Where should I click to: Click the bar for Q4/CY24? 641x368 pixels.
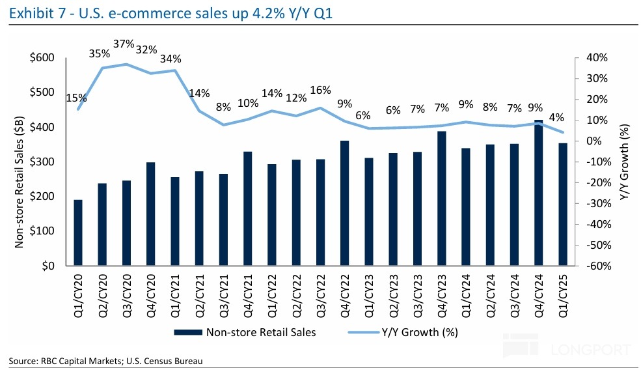point(538,193)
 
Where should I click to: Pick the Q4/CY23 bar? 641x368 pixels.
point(442,199)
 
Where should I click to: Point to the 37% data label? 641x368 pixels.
point(124,44)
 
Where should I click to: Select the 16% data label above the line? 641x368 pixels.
point(321,91)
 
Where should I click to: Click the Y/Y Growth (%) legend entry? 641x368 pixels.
point(418,332)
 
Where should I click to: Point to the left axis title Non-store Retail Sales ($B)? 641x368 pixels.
point(20,161)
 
